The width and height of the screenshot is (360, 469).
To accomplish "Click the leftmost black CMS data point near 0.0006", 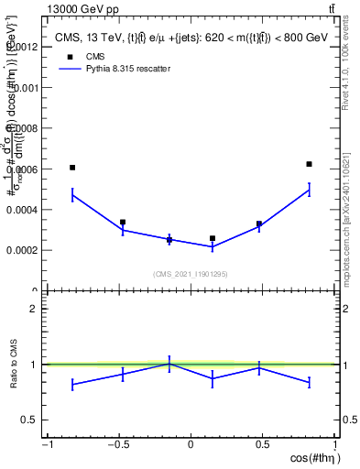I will tap(72, 168).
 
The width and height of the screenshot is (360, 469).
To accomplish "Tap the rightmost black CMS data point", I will tap(309, 164).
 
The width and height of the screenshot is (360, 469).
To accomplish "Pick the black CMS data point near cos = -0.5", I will tap(123, 222).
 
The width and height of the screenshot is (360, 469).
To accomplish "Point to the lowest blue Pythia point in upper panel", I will tap(213, 246).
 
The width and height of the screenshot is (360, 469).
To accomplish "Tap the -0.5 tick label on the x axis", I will tap(118, 445).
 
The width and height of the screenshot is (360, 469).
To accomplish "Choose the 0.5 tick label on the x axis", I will tap(262, 445).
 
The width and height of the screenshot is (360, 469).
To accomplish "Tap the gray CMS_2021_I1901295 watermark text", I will tap(190, 274).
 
